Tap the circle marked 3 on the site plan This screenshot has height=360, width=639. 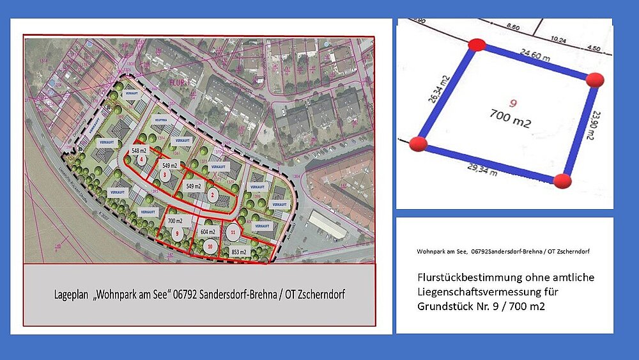[165, 174]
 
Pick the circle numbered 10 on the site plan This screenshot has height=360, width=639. [210, 246]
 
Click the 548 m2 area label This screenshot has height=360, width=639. [140, 150]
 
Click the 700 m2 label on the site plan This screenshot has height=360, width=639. [175, 221]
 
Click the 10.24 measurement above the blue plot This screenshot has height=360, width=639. [558, 39]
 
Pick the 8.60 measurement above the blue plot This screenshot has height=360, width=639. [512, 27]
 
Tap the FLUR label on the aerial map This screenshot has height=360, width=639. [176, 82]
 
